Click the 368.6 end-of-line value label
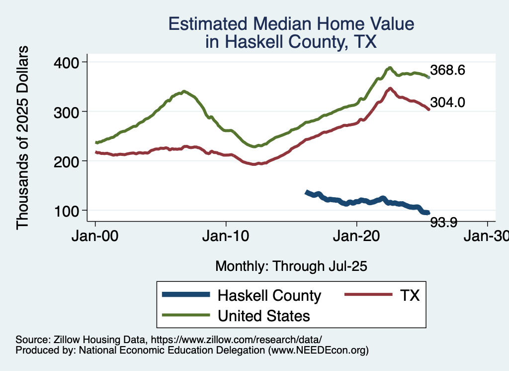(447, 70)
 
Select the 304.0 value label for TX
(447, 103)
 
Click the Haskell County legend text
(269, 296)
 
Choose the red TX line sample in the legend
(366, 295)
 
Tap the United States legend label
(264, 316)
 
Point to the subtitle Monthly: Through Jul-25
(291, 266)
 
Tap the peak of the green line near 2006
(184, 92)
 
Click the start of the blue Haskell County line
(307, 192)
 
